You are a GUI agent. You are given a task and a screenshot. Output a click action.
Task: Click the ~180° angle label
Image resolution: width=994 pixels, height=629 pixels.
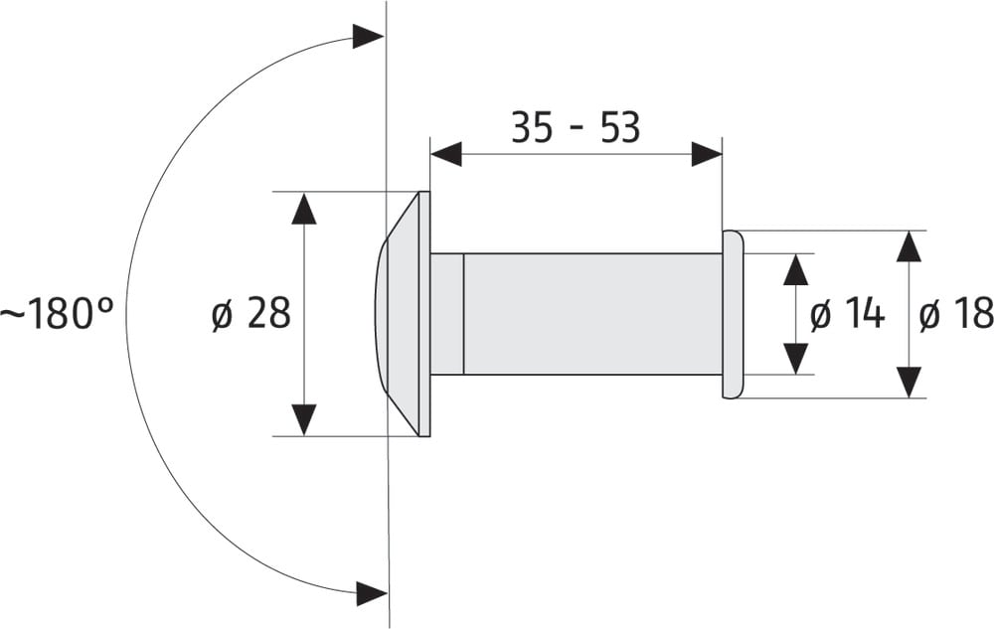click(x=57, y=315)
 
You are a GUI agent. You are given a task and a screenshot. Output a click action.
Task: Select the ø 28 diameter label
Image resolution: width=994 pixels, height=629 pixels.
click(x=250, y=314)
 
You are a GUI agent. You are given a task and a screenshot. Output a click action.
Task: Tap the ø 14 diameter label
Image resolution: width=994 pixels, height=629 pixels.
click(x=847, y=314)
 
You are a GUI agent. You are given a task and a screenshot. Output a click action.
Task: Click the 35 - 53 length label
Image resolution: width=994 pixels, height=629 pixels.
click(x=576, y=128)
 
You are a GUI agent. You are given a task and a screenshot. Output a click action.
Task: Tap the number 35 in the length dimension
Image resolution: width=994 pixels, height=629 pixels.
click(x=532, y=128)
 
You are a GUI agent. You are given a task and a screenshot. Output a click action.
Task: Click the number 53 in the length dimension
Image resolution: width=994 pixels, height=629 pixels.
click(x=620, y=128)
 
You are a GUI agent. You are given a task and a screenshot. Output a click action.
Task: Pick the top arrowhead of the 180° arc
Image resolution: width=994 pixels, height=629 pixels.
click(x=368, y=38)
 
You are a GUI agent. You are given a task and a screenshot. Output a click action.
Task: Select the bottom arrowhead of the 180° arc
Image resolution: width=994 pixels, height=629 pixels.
click(x=371, y=594)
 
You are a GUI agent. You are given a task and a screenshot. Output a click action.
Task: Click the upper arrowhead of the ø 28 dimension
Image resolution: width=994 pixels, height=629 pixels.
click(x=304, y=208)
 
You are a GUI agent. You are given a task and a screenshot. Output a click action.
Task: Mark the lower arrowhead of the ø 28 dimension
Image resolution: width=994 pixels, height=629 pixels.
click(x=304, y=419)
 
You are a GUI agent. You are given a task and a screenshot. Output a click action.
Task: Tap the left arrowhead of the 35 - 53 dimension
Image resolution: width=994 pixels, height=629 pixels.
click(x=446, y=154)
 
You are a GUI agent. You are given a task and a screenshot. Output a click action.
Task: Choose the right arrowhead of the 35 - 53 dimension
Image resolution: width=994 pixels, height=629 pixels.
click(x=706, y=154)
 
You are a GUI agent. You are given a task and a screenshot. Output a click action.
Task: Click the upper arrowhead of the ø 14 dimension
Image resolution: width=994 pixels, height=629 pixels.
click(x=795, y=269)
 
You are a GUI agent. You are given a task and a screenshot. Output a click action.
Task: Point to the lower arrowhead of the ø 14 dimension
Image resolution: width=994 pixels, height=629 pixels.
click(x=795, y=359)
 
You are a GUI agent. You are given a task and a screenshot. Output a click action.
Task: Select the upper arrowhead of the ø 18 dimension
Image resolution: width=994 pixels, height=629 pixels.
click(x=909, y=246)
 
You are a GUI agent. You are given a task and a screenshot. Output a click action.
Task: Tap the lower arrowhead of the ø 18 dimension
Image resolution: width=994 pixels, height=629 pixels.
click(x=909, y=382)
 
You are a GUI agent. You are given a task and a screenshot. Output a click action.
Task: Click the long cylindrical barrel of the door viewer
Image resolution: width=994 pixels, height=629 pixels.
click(x=592, y=314)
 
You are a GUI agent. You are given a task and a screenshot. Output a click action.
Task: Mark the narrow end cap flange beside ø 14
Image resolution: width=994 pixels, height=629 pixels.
click(x=732, y=314)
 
